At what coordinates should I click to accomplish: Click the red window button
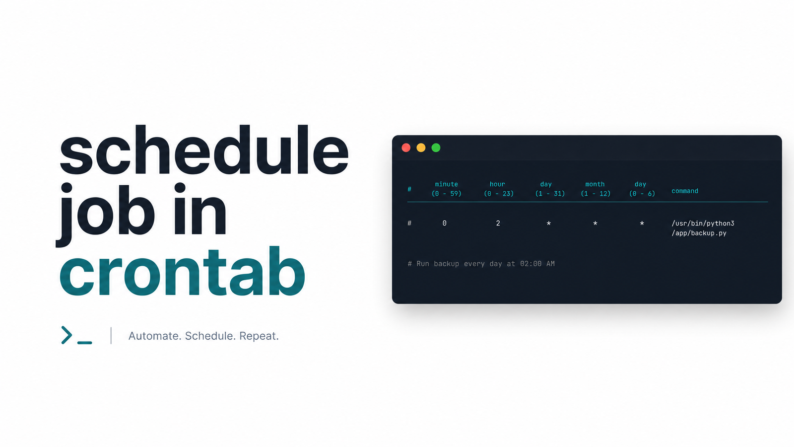[x=406, y=148]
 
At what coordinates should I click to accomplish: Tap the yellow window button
[x=421, y=148]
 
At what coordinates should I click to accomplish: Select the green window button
[x=436, y=148]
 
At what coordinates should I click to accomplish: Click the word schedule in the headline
[x=204, y=149]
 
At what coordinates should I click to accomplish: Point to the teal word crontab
[x=182, y=271]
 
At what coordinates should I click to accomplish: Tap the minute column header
[x=446, y=184]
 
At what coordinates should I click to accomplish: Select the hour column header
[x=497, y=184]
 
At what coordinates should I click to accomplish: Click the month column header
[x=595, y=184]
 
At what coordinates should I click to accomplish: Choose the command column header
[x=685, y=191]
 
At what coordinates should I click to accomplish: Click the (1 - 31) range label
[x=550, y=194]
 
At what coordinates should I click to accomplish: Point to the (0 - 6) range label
[x=642, y=194]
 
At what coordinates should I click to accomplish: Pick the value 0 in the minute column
[x=445, y=223]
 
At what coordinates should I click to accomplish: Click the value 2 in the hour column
[x=498, y=223]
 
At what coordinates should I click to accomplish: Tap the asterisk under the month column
[x=595, y=223]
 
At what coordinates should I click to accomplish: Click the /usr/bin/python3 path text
[x=703, y=223]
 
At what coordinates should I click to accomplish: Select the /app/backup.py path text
[x=699, y=233]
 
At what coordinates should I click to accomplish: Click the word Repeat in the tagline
[x=259, y=336]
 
